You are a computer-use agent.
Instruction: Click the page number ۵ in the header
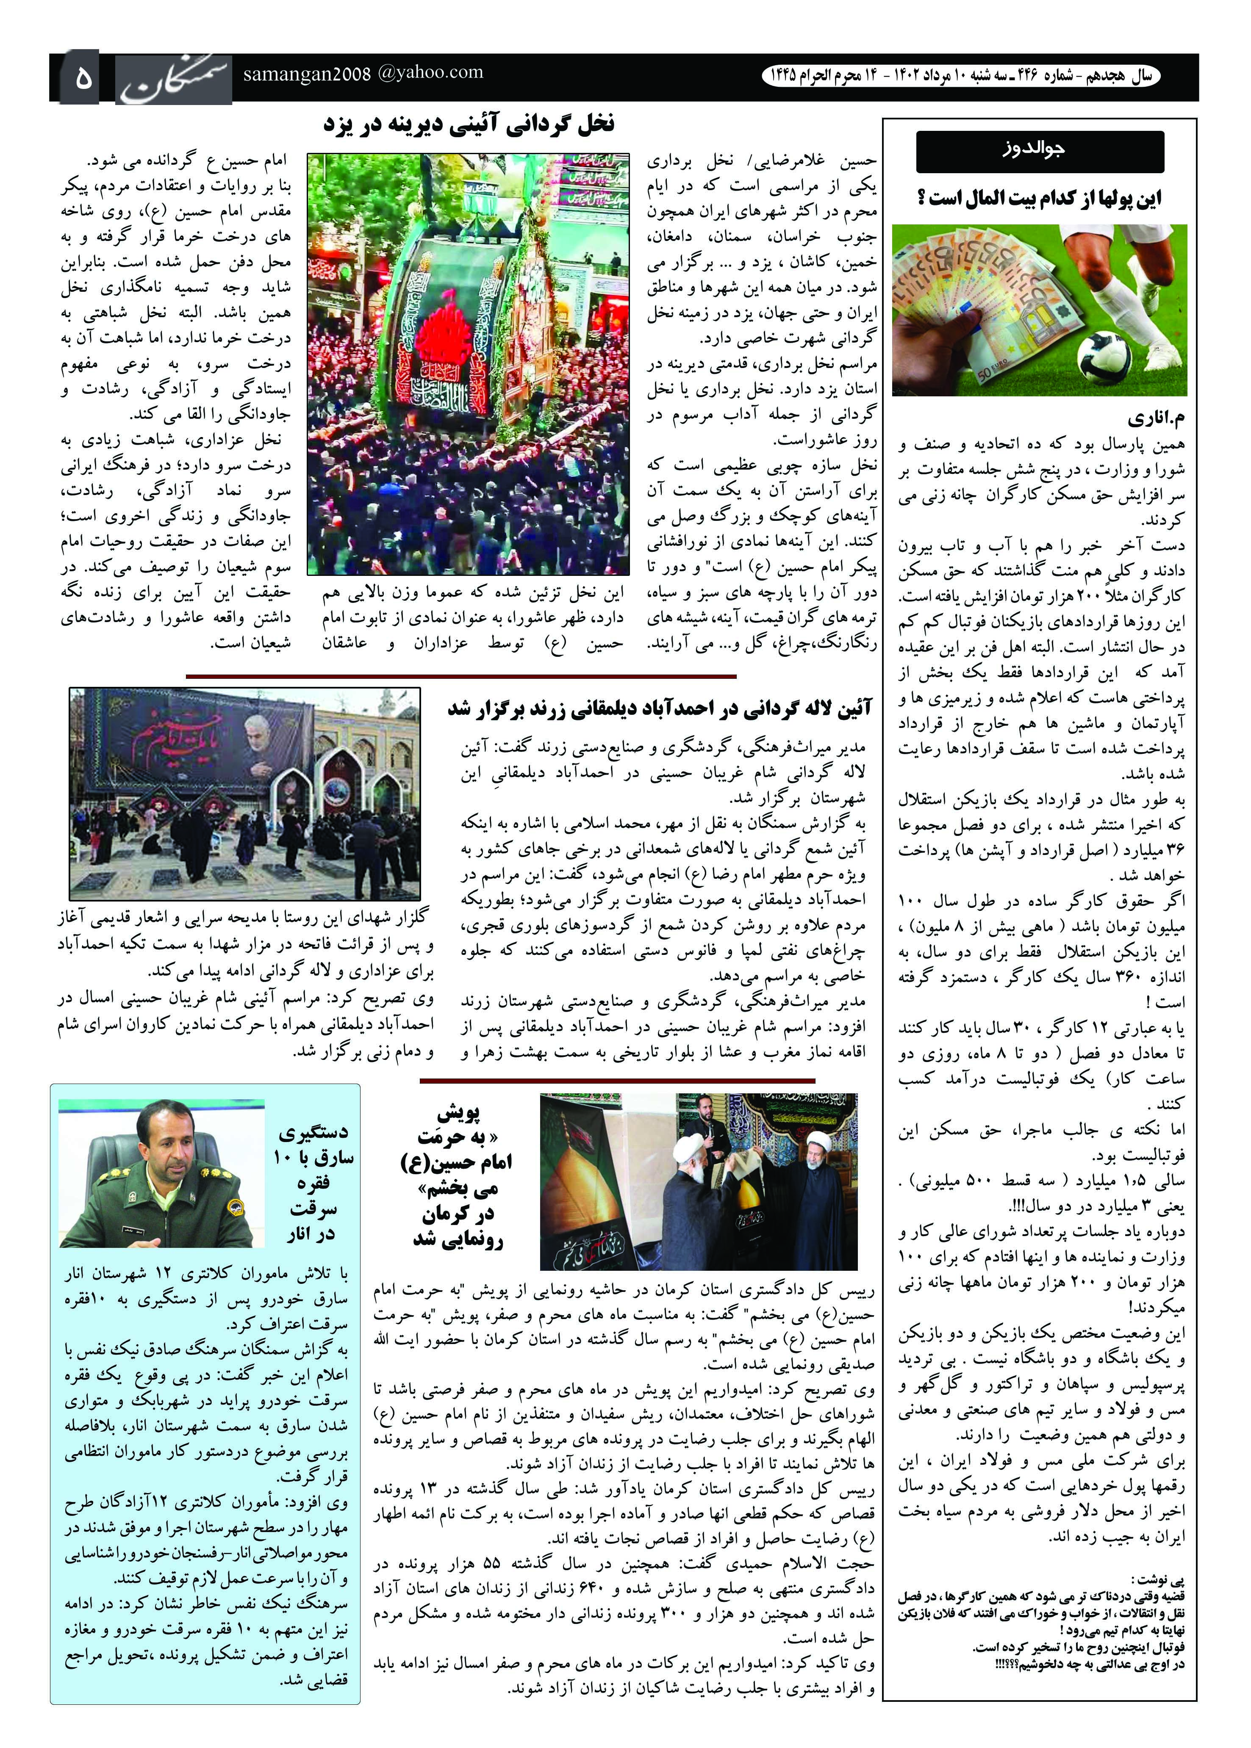coord(83,78)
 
